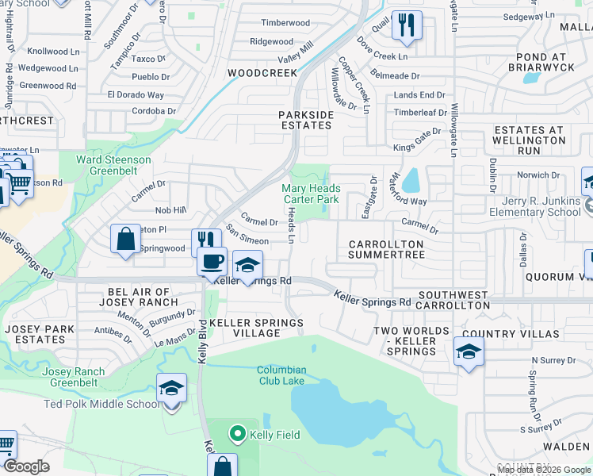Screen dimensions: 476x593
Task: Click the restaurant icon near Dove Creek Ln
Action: pyautogui.click(x=407, y=24)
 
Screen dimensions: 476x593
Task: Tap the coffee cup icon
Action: pyautogui.click(x=212, y=261)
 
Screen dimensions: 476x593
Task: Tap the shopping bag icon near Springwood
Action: pyautogui.click(x=126, y=239)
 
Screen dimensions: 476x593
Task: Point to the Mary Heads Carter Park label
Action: pyautogui.click(x=312, y=194)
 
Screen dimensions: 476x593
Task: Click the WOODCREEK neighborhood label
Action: pyautogui.click(x=262, y=73)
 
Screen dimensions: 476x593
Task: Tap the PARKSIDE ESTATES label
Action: pyautogui.click(x=305, y=120)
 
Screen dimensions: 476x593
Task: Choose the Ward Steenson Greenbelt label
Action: pyautogui.click(x=113, y=165)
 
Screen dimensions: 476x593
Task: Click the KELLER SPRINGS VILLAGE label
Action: pyautogui.click(x=245, y=328)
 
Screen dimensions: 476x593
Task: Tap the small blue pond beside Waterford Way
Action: pyautogui.click(x=411, y=182)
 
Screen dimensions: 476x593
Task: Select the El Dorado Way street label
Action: pyautogui.click(x=136, y=95)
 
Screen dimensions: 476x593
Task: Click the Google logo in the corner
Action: pyautogui.click(x=26, y=466)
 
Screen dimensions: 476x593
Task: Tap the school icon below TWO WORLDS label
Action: pyautogui.click(x=469, y=351)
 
